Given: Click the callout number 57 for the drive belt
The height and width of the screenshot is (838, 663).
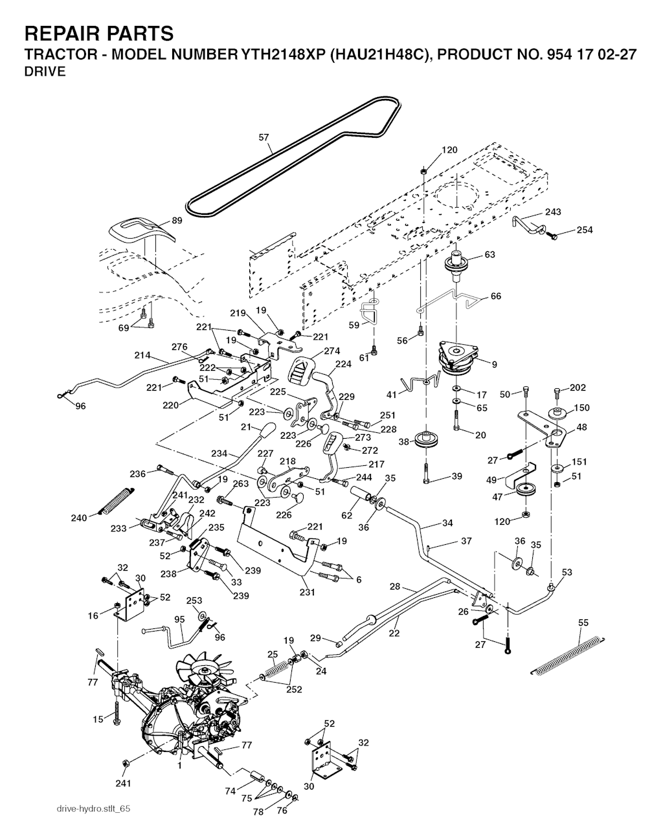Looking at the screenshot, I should (264, 137).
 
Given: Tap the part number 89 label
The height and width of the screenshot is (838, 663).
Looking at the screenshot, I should (177, 221).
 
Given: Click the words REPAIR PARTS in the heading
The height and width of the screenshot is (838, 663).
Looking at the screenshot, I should (99, 33).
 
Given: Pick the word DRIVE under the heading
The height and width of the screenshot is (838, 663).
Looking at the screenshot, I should (45, 72).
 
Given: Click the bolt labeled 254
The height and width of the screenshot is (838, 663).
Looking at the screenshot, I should (552, 237).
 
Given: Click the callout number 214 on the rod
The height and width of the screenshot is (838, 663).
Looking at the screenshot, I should (142, 355).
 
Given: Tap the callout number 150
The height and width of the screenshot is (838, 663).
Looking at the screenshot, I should (582, 408).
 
